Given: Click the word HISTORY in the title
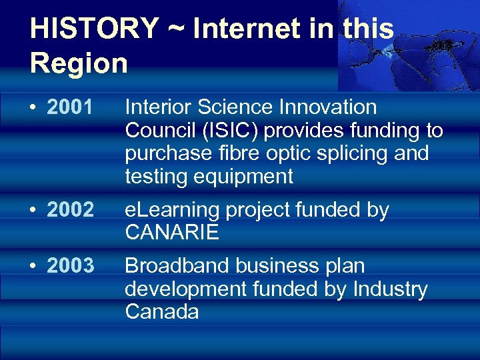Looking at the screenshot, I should click(94, 29).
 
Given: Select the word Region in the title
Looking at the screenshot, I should click(79, 63).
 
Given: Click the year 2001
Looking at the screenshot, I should click(70, 107).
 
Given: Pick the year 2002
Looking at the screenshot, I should click(70, 210).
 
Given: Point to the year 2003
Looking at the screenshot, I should click(70, 266).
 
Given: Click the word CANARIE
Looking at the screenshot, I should click(172, 233).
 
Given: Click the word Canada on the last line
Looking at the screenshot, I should click(162, 312).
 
